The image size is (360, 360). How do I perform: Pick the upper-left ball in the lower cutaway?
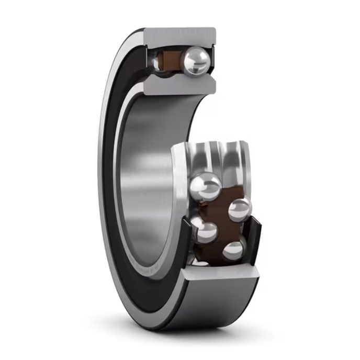tap(205, 186)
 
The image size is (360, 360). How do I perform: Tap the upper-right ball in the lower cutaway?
tap(239, 209)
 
